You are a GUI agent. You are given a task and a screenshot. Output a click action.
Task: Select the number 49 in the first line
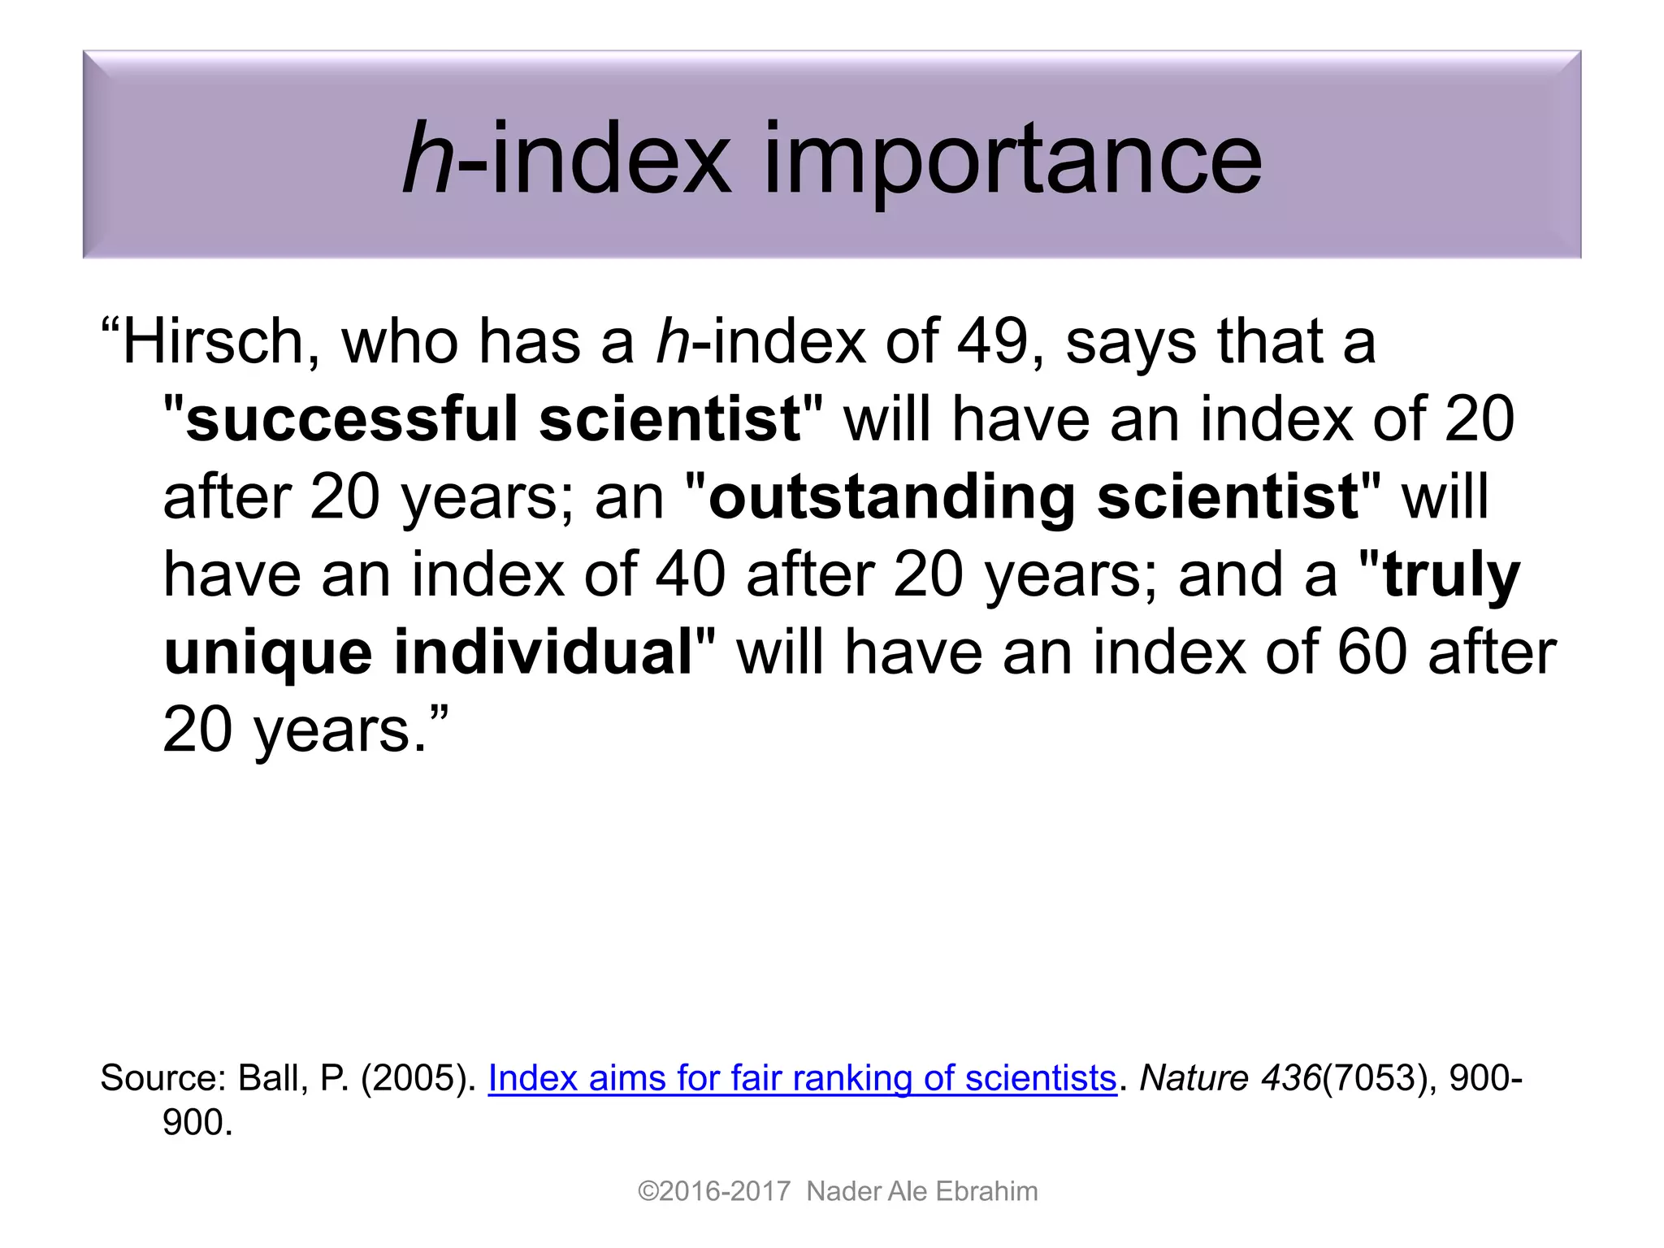pos(993,342)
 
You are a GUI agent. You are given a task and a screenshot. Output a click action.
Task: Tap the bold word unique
pos(268,653)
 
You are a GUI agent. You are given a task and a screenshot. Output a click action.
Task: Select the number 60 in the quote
pos(1371,652)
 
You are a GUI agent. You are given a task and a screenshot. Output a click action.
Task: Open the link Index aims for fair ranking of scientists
pos(802,1078)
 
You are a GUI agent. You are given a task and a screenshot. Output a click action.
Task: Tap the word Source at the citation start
pos(159,1078)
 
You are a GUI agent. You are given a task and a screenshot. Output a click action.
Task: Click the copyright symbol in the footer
pos(648,1191)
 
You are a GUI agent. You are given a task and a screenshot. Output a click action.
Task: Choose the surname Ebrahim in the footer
pos(986,1191)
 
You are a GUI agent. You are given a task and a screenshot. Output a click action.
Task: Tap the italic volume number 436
pos(1291,1078)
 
